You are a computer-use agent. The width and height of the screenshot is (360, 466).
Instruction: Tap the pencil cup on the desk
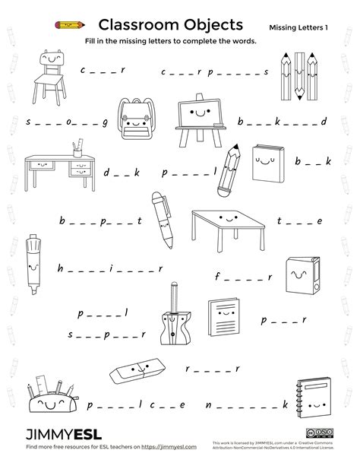77,144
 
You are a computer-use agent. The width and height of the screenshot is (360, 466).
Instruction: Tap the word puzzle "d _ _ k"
122,173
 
